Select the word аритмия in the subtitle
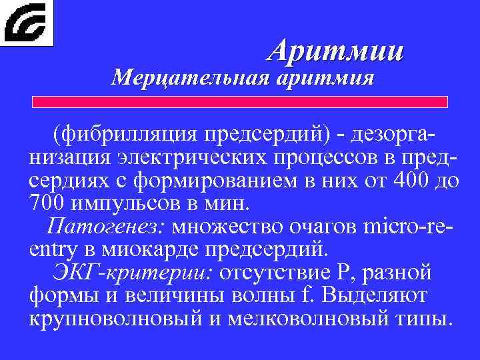point(323,79)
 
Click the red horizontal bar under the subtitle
point(241,102)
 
